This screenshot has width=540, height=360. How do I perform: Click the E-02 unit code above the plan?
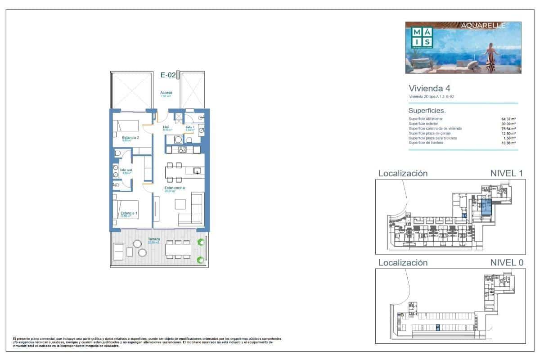[168, 76]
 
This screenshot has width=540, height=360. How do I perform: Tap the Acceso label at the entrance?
[166, 93]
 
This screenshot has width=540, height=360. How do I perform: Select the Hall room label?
[166, 127]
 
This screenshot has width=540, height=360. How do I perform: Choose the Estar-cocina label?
[175, 188]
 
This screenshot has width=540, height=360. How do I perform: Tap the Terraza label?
[154, 239]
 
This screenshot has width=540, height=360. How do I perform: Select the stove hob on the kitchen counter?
[183, 150]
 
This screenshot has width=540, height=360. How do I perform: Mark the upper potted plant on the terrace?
[201, 242]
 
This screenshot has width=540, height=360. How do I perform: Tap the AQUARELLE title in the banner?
[483, 26]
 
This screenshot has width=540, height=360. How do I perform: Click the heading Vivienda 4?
[429, 88]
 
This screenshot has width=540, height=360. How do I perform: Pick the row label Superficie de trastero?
[432, 143]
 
